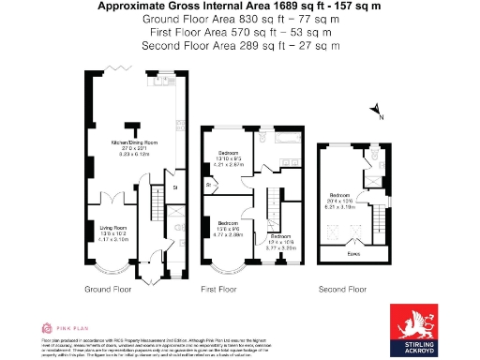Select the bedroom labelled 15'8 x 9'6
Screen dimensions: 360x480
click(x=231, y=229)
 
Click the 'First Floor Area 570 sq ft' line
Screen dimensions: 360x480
click(x=240, y=31)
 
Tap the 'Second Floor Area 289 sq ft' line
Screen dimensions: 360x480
click(x=240, y=44)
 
